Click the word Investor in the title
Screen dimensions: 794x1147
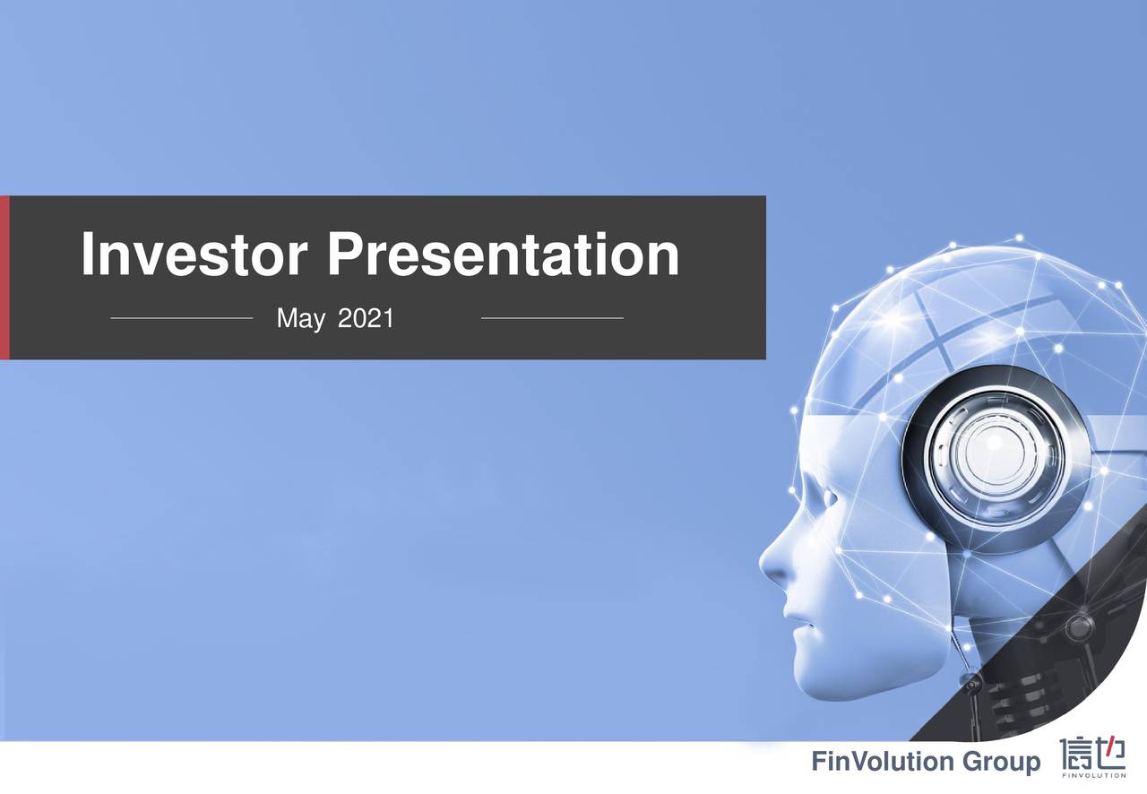click(x=196, y=255)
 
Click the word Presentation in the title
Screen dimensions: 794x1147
click(x=502, y=255)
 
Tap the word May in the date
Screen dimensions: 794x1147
click(x=300, y=318)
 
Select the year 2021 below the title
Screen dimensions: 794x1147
click(x=366, y=318)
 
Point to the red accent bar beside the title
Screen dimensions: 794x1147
click(x=4, y=278)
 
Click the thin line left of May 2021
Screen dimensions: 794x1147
click(x=182, y=318)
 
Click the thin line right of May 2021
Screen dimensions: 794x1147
click(x=552, y=318)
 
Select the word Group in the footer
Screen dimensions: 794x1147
click(x=1002, y=763)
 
